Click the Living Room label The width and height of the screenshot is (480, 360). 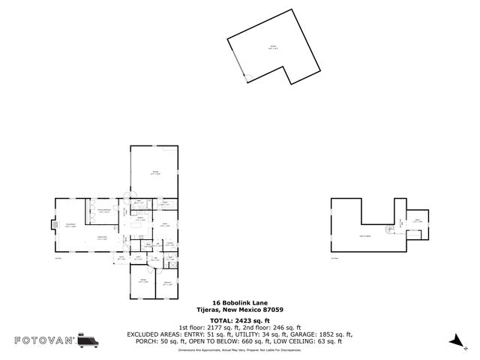point(70,225)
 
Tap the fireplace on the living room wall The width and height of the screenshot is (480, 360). point(52,223)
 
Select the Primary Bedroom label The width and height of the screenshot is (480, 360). point(104,211)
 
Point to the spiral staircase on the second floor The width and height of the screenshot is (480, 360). point(388,229)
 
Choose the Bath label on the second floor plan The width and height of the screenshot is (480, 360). point(418,220)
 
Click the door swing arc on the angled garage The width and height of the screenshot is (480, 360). point(247,76)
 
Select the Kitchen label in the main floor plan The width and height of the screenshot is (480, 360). point(140,219)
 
